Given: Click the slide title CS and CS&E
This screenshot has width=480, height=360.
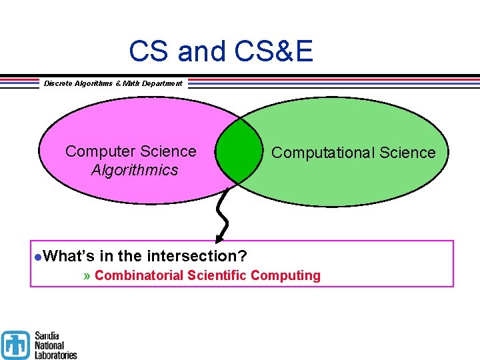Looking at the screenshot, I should click(x=221, y=51).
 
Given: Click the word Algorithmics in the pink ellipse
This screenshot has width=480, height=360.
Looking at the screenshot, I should click(x=135, y=170).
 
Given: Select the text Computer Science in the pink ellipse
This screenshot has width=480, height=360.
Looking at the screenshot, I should click(x=131, y=151).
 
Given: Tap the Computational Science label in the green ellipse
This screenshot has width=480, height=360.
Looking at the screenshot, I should click(x=353, y=153).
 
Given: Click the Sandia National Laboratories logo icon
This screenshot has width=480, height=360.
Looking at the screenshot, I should click(x=15, y=345).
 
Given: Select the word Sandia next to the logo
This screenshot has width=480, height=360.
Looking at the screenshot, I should click(x=48, y=336).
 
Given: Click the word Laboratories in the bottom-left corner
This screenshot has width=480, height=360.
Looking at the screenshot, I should click(x=55, y=355).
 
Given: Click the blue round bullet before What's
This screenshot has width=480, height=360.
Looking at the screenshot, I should click(x=39, y=257).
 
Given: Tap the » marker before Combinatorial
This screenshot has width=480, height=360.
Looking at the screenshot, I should click(x=88, y=275).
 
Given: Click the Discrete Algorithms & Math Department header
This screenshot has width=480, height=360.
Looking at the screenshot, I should click(x=113, y=83).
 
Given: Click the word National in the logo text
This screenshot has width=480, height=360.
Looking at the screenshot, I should click(x=49, y=345).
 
